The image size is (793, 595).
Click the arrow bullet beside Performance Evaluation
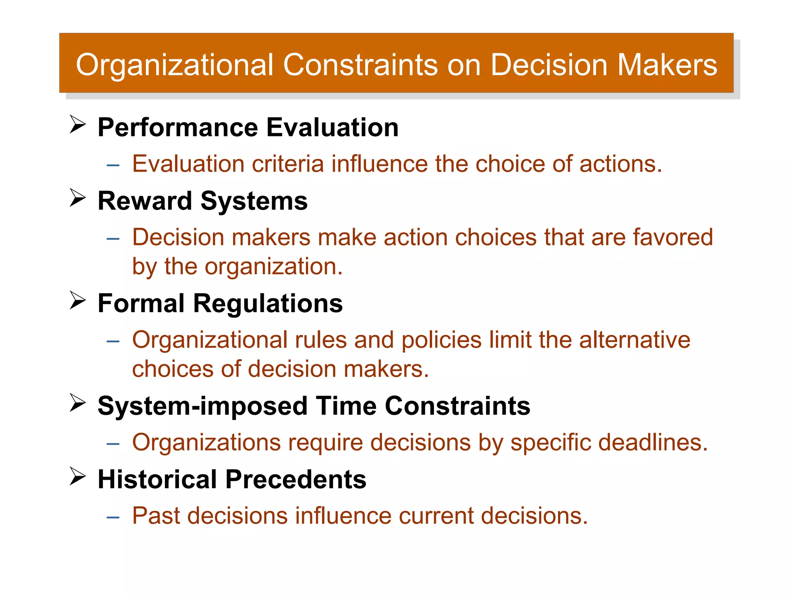[x=77, y=125]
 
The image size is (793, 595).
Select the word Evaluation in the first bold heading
[x=332, y=127]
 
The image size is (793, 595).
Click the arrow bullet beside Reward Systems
[x=77, y=198]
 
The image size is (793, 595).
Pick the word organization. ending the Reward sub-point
[x=273, y=267]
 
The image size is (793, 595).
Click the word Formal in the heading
[x=141, y=303]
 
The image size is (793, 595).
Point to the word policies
[x=441, y=340]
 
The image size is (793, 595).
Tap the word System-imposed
[x=203, y=406]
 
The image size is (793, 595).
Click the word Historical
[x=157, y=479]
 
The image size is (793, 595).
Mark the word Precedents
[x=295, y=479]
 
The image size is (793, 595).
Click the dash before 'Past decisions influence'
[x=113, y=518]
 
